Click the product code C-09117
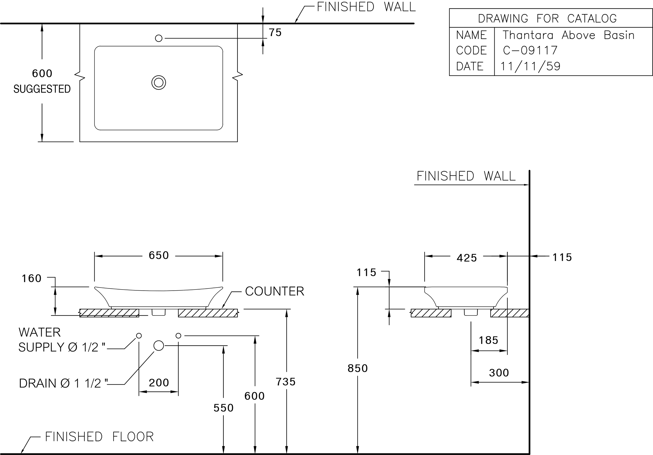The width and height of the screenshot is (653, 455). (530, 51)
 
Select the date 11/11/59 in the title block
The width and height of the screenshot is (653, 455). (530, 66)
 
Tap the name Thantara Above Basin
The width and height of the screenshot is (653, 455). (568, 35)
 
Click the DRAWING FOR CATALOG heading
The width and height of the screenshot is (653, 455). (547, 19)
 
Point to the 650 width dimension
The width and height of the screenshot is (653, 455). (159, 255)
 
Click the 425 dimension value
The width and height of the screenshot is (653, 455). (467, 258)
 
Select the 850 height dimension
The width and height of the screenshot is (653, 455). (357, 368)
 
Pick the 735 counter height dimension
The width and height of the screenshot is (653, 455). (286, 382)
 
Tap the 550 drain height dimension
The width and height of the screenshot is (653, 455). (224, 408)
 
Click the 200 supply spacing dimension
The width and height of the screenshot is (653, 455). (159, 383)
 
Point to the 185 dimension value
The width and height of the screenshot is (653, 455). (489, 340)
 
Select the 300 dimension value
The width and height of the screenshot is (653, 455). (499, 373)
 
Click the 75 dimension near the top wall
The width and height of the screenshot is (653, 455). (275, 32)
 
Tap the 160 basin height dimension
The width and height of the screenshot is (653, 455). (32, 278)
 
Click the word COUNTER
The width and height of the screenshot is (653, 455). (275, 291)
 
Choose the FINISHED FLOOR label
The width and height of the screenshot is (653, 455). (99, 436)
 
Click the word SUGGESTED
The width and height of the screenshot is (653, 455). (42, 89)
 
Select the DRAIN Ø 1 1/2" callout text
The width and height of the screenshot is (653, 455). (63, 383)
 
